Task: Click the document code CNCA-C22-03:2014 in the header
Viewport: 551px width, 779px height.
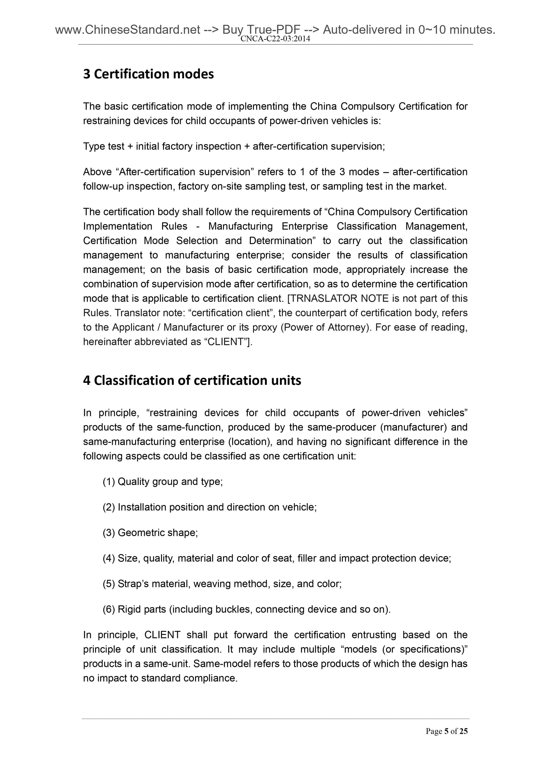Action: click(x=275, y=39)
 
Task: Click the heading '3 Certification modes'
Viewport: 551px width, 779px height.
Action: click(x=148, y=74)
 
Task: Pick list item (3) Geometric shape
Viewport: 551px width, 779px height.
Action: click(x=150, y=532)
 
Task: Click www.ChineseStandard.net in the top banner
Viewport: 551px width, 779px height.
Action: click(x=128, y=30)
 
